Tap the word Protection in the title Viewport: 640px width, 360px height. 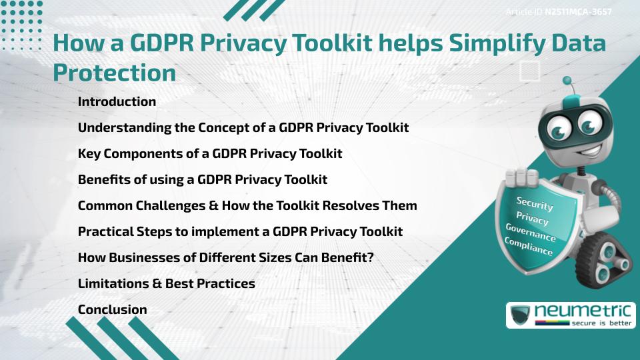(114, 73)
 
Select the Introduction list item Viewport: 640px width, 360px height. (117, 102)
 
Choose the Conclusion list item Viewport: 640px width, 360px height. (112, 309)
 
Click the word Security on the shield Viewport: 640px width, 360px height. (535, 204)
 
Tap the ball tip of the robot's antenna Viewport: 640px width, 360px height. (567, 81)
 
